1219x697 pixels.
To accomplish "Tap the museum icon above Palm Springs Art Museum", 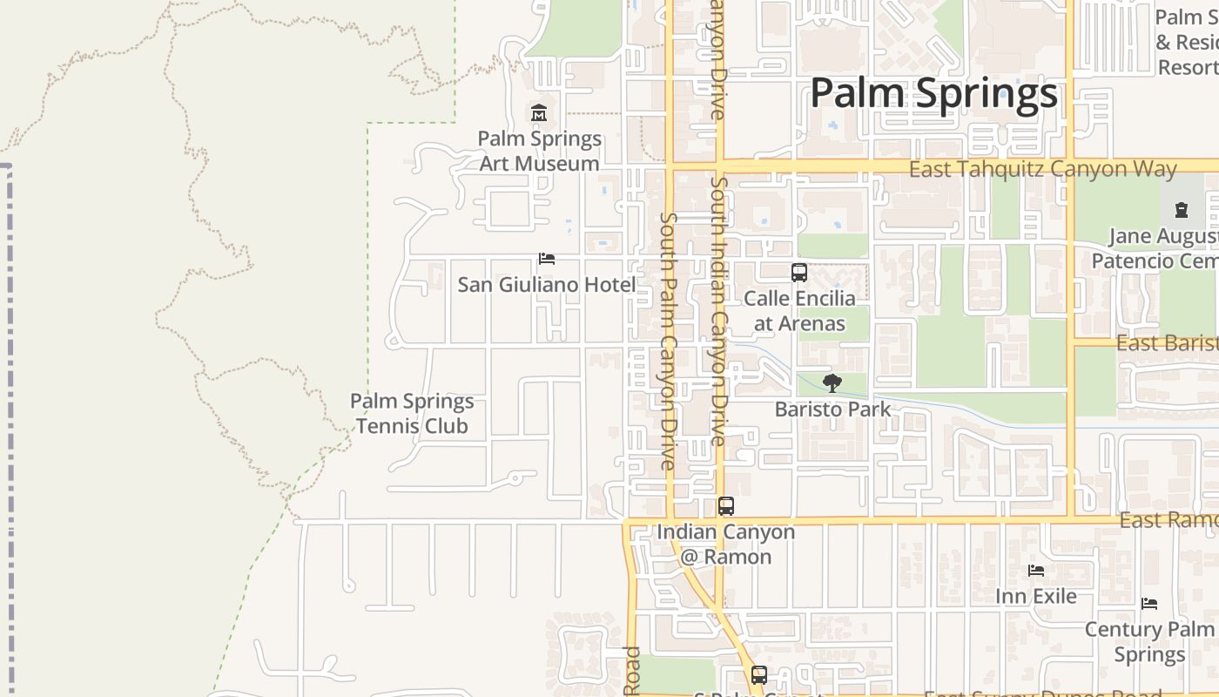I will (539, 113).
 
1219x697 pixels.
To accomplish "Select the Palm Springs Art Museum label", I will (540, 151).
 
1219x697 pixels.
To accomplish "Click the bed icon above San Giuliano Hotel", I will (547, 259).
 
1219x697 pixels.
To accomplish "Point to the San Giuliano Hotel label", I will (547, 284).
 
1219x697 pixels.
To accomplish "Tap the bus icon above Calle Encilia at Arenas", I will (799, 273).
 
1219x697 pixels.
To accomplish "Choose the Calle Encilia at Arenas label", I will (799, 311).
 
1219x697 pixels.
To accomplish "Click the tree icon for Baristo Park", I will (832, 382).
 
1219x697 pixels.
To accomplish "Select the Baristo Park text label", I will (832, 409).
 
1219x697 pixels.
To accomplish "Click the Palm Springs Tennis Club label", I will (412, 413).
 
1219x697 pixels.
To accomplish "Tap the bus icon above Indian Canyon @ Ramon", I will (726, 506).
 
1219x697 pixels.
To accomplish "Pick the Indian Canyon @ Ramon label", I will (726, 544).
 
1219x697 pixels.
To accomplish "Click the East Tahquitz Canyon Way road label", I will (1043, 169).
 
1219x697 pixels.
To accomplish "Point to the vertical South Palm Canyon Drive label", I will (668, 340).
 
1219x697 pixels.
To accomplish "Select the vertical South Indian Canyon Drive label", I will (718, 311).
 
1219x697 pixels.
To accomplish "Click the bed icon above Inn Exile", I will (1036, 571).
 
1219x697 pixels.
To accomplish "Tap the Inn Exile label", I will (1036, 596).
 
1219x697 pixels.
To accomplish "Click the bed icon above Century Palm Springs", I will (1149, 604).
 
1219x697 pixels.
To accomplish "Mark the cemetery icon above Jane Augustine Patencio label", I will (1182, 210).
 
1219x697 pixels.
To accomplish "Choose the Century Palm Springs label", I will (1149, 641).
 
